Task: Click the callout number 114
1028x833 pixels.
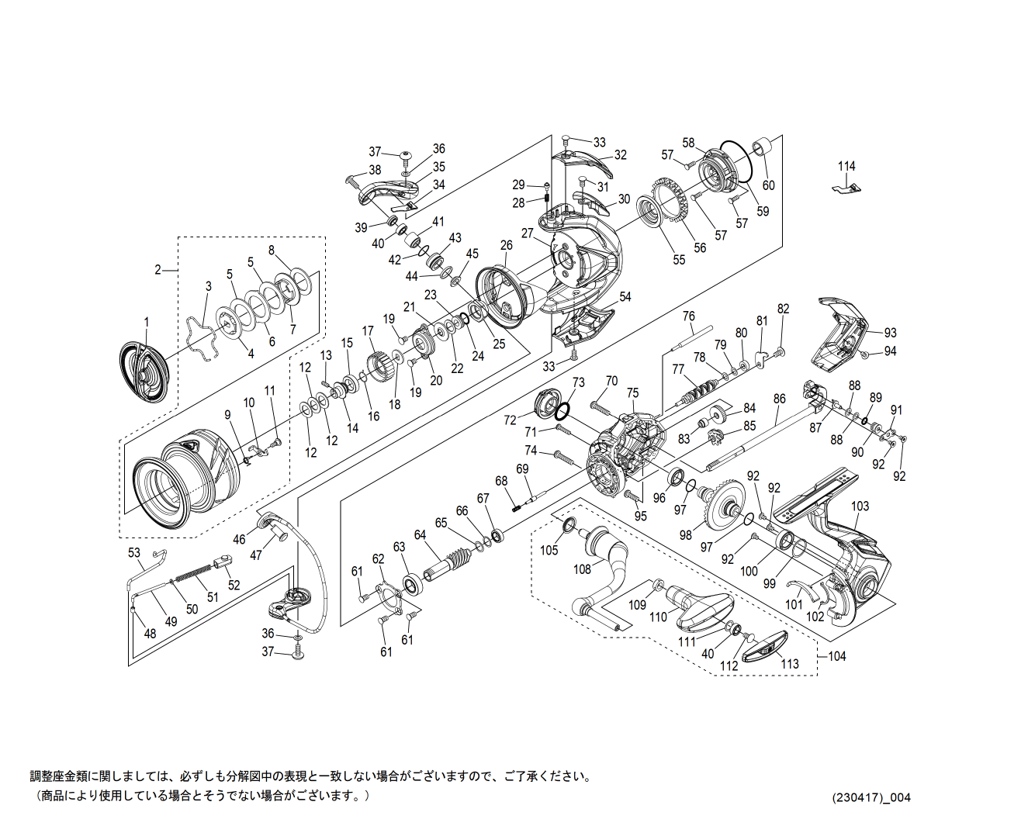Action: coord(846,166)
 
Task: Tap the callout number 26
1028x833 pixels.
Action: coord(506,246)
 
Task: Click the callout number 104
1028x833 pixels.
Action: coord(836,656)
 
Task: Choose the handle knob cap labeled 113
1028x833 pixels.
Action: coord(765,646)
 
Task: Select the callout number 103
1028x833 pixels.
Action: coord(860,506)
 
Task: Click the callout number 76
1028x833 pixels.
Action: coord(688,316)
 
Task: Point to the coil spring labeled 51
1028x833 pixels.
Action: coord(192,575)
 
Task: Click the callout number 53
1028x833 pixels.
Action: coord(134,552)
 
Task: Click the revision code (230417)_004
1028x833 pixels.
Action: coord(871,798)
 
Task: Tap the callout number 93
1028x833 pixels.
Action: coord(890,334)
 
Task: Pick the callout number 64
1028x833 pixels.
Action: coord(420,535)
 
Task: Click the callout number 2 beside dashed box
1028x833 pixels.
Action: coord(157,270)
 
